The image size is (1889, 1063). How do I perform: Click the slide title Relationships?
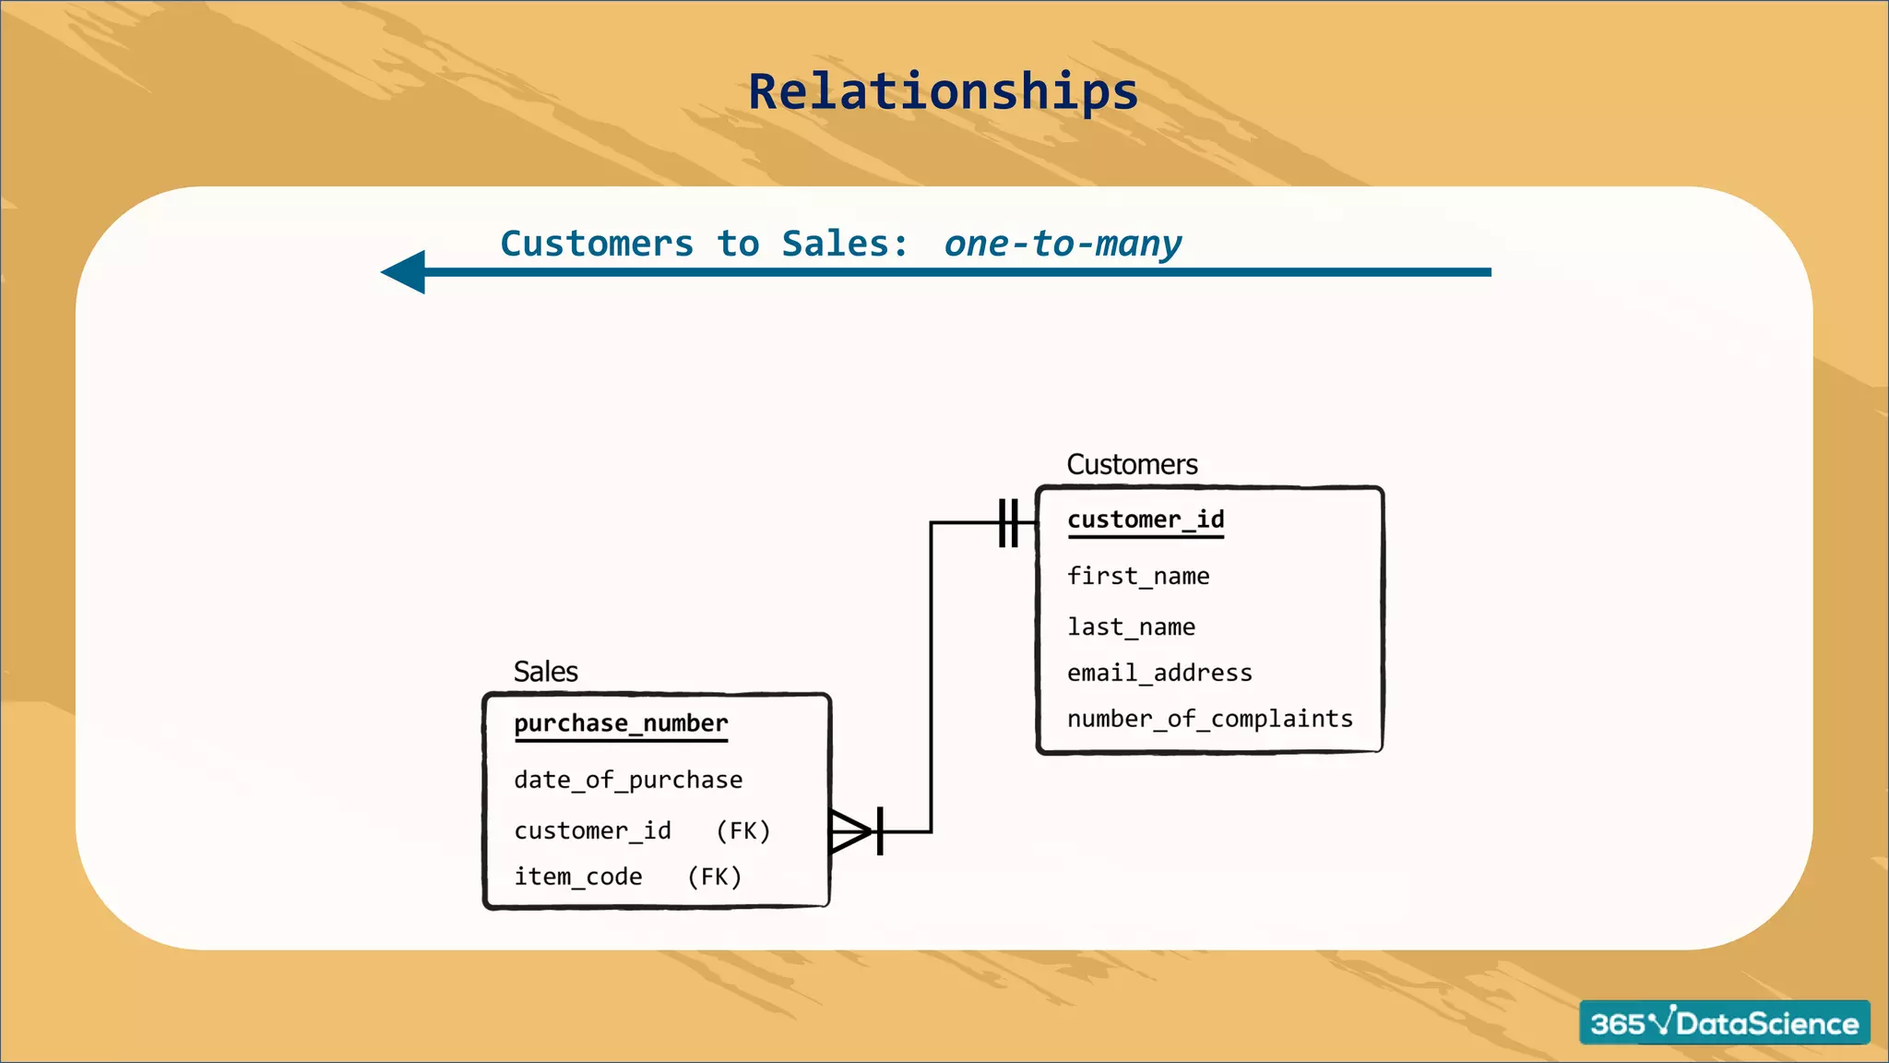[943, 92]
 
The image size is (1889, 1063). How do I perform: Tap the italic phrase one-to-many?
[1062, 244]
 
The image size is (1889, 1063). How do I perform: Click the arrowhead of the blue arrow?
[404, 272]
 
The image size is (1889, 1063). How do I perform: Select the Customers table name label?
[1132, 464]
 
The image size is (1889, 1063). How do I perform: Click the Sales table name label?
[545, 672]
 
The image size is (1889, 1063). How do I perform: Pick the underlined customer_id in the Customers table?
[1146, 520]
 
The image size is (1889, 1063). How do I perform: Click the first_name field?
[1137, 577]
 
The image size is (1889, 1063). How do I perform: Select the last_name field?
[1131, 627]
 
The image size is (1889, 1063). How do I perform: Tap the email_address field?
[1159, 674]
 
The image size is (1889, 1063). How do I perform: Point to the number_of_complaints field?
[1209, 719]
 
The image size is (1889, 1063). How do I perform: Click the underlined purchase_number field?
[621, 723]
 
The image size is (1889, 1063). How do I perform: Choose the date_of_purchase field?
[628, 781]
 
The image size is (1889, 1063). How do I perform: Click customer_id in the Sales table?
[592, 831]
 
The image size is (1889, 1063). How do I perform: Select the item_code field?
[577, 877]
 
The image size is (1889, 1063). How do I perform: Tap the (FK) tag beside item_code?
[715, 877]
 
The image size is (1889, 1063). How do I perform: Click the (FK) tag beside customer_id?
[743, 831]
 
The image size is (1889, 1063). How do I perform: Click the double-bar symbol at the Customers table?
[1008, 523]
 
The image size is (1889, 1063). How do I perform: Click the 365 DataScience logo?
[1724, 1022]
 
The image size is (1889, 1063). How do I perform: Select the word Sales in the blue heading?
[835, 244]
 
